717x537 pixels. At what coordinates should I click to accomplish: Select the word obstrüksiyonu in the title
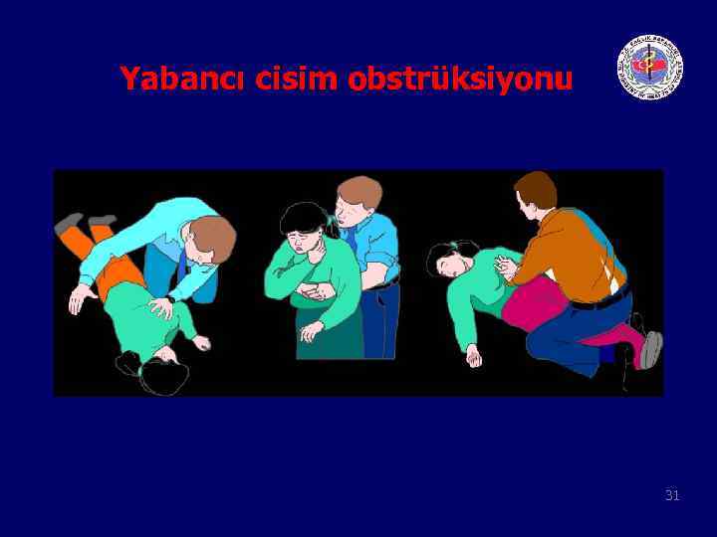(x=460, y=80)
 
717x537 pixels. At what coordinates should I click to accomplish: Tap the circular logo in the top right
(x=650, y=67)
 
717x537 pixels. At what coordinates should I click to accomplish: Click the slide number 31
(x=672, y=494)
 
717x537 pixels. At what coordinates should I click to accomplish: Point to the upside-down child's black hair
(x=164, y=377)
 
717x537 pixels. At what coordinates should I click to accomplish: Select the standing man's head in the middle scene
(x=355, y=203)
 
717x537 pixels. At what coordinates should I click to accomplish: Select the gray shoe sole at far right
(x=650, y=349)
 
